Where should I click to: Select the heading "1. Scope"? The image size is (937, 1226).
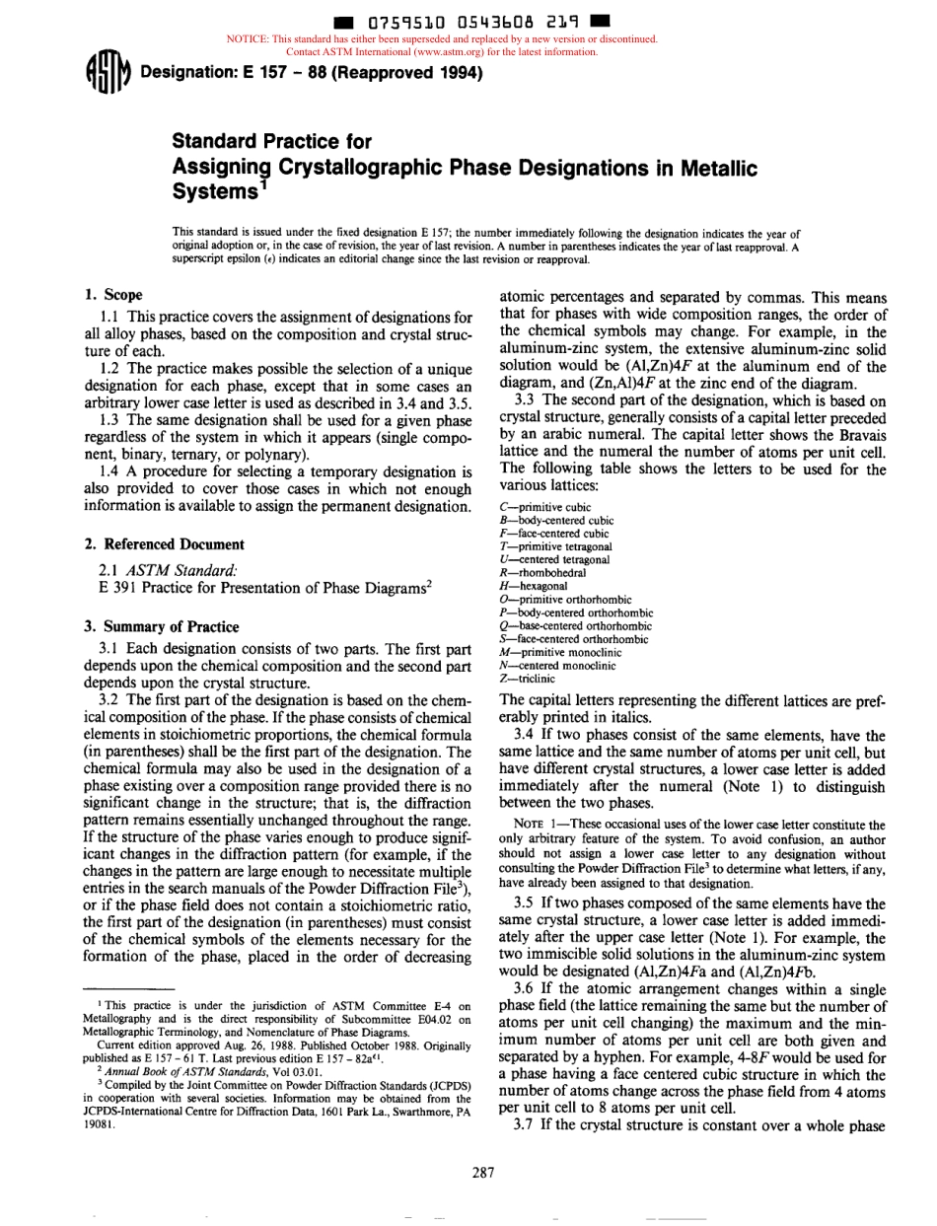113,295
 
